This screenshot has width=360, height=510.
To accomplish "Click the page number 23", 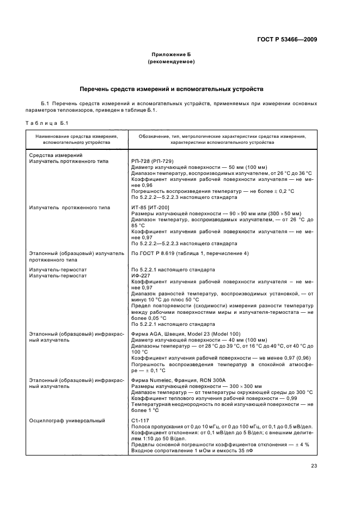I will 313,465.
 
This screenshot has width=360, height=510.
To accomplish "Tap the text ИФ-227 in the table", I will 140,276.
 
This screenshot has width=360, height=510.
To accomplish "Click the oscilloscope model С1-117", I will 140,420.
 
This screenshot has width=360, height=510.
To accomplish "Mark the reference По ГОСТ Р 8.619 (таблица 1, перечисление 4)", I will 190,253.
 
